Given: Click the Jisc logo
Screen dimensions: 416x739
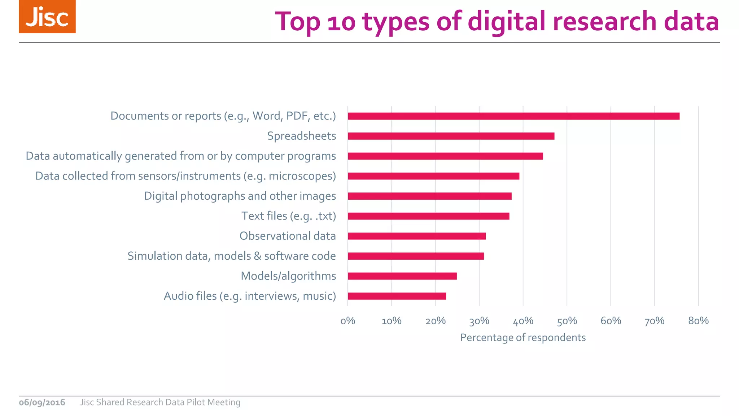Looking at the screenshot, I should click(47, 17).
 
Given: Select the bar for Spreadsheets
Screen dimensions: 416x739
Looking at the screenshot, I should click(451, 136).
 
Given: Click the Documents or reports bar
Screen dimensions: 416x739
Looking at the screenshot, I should click(513, 116).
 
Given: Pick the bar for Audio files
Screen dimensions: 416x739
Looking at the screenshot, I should click(397, 296).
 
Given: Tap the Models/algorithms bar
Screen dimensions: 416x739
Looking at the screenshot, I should click(402, 276).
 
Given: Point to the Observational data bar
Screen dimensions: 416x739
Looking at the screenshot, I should click(417, 236).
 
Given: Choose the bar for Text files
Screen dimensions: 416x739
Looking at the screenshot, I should click(429, 216).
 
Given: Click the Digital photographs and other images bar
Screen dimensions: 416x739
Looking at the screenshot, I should click(430, 196).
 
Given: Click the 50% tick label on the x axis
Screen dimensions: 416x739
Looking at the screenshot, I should click(567, 321).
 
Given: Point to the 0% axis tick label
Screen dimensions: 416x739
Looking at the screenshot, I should click(348, 321).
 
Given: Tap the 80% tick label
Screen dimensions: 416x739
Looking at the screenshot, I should click(698, 321).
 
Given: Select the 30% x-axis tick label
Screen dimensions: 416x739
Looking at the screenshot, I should click(479, 321).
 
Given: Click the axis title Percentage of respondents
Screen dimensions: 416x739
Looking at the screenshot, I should click(523, 338).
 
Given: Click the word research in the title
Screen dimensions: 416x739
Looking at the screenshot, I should click(604, 22).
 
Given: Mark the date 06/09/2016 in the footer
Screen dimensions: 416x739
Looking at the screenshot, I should click(42, 402).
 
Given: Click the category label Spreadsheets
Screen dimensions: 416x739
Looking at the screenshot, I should click(301, 136).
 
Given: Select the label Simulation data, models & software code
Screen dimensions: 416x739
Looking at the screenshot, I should click(232, 256).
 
